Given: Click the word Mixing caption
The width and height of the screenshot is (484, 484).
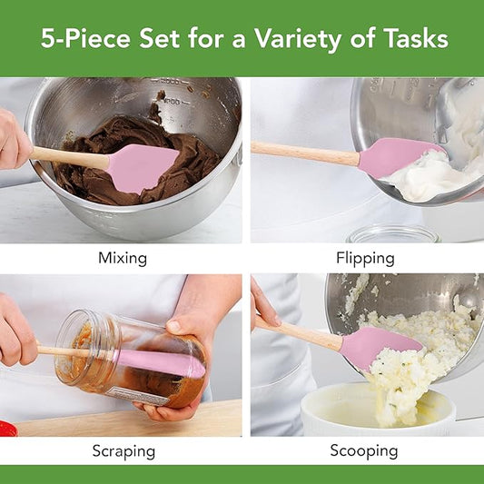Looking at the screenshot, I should [122, 258].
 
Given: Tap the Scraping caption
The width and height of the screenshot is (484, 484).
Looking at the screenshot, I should [123, 450].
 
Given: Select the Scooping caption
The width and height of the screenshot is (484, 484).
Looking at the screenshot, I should [363, 450].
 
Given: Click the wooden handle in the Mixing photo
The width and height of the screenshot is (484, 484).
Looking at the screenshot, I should [73, 157].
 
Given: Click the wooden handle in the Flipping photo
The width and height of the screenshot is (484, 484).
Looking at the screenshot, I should [303, 153].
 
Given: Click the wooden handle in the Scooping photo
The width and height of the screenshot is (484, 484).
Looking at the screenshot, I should [300, 332].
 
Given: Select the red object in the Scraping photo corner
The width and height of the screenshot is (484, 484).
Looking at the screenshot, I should [7, 428].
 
